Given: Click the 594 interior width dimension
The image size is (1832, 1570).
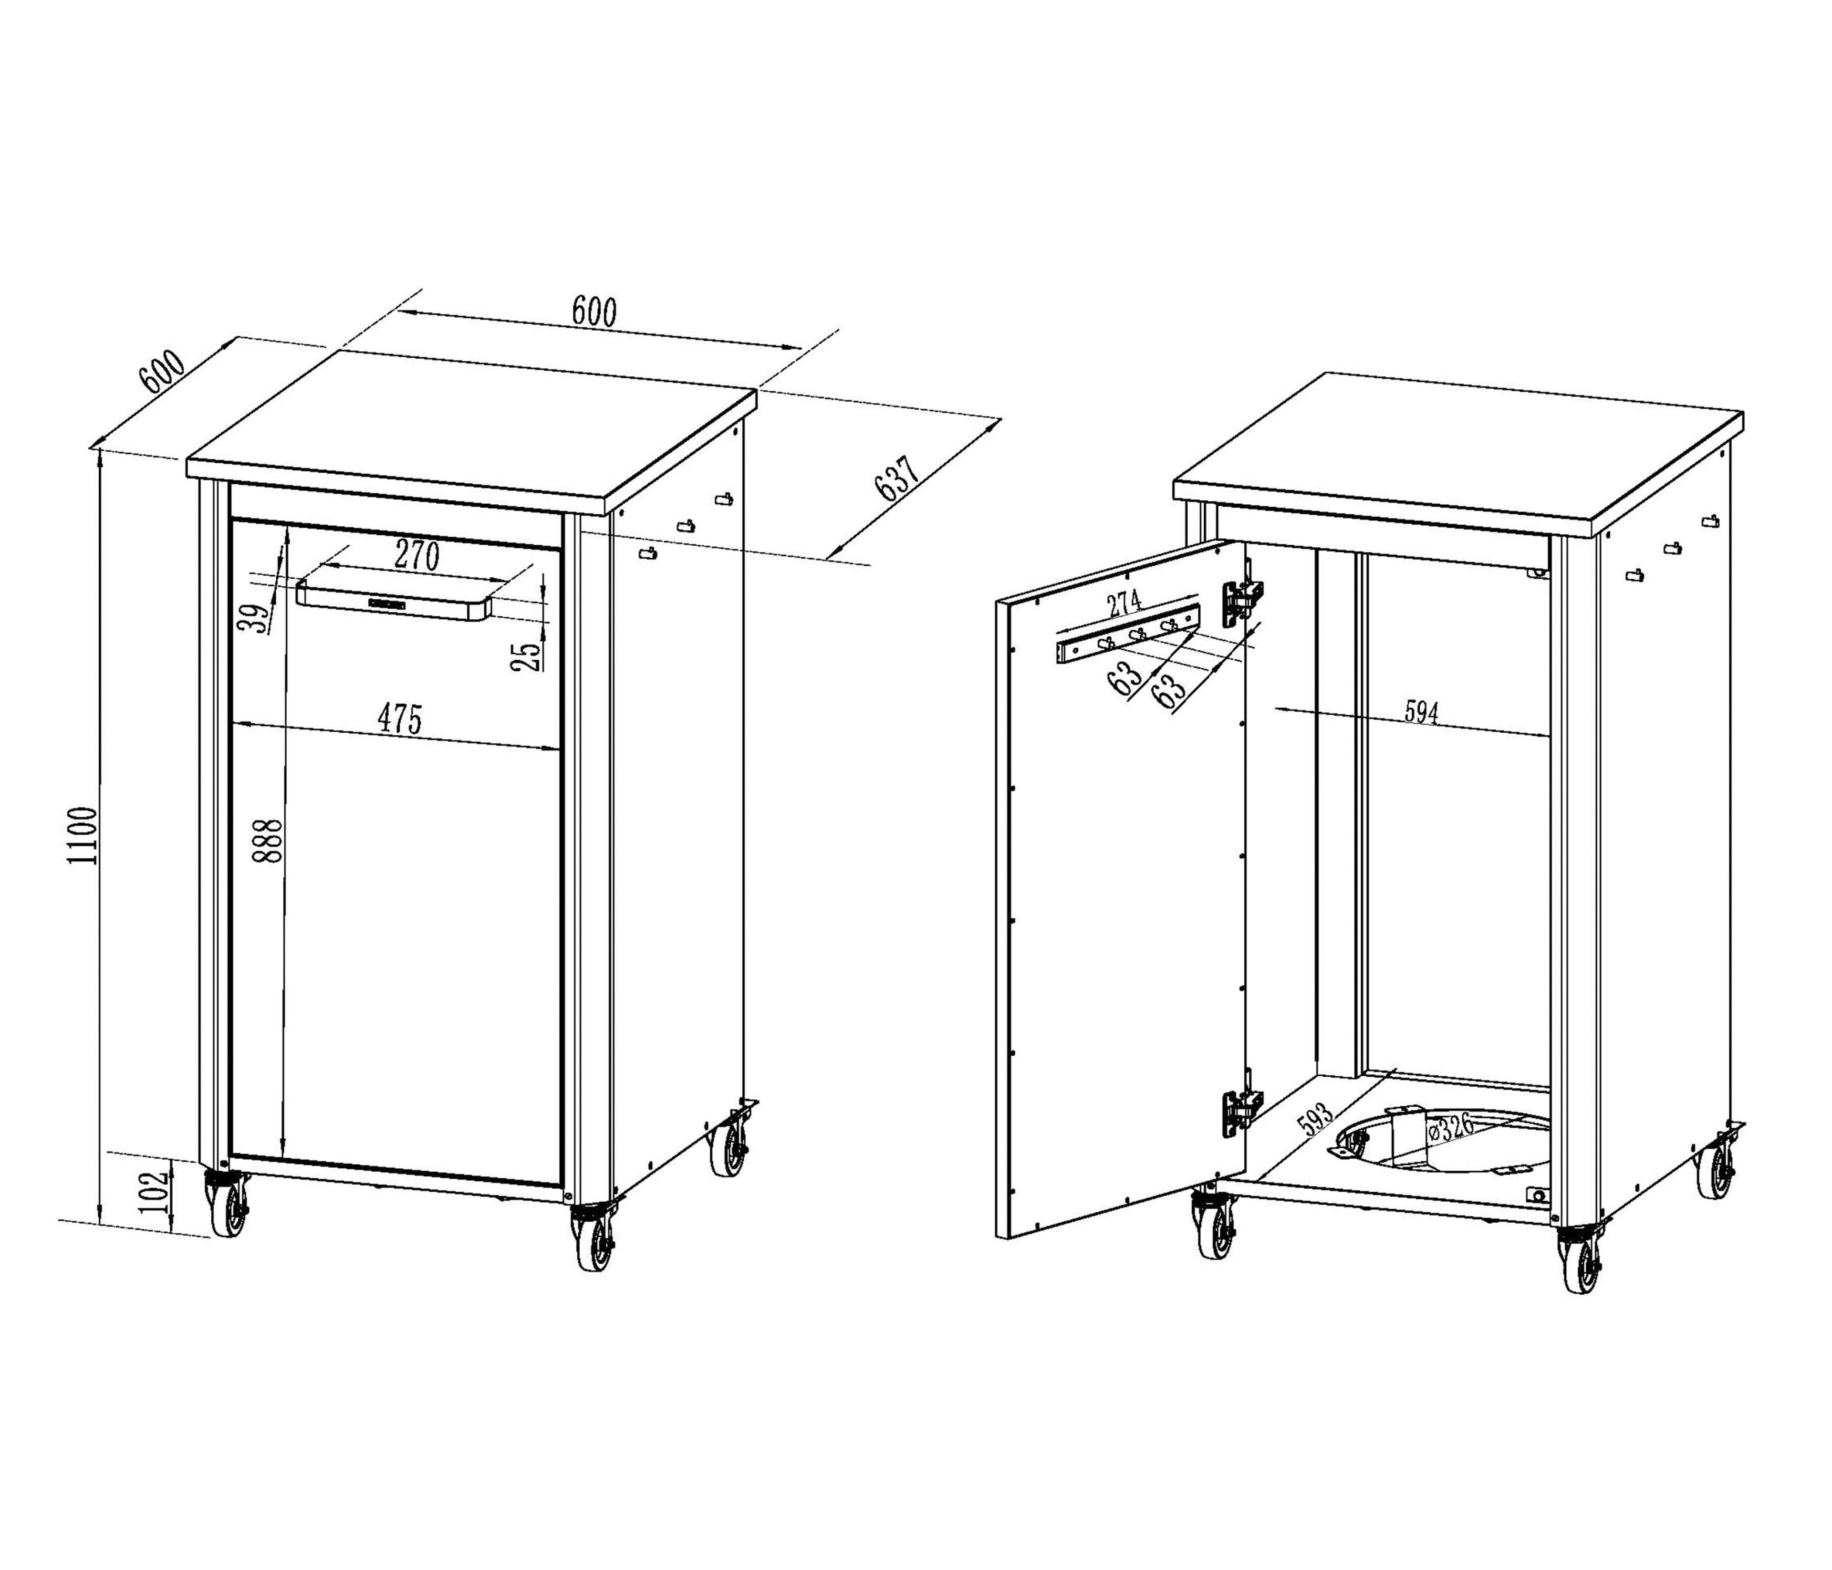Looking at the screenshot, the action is point(1422,712).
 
